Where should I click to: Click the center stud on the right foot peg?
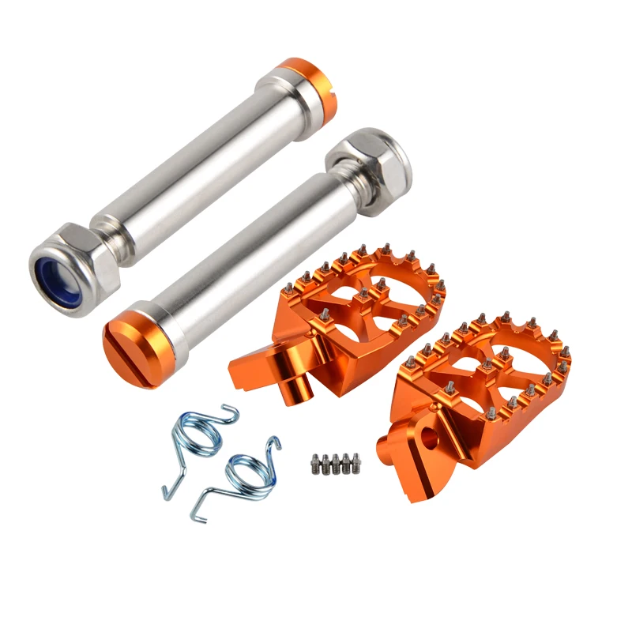click(x=487, y=366)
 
